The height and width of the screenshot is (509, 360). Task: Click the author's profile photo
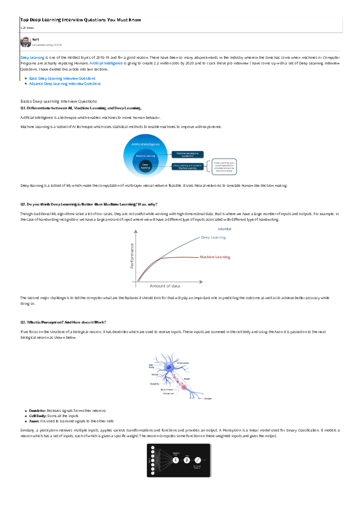coord(25,42)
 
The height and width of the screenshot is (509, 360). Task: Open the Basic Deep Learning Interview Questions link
coord(62,79)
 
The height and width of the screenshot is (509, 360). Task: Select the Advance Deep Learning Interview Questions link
coord(65,84)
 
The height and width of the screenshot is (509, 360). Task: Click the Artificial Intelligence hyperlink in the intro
coord(106,63)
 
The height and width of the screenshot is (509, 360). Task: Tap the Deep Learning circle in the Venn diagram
coord(145,166)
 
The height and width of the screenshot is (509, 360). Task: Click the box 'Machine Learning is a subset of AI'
coord(187,154)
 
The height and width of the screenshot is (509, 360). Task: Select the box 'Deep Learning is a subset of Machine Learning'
coord(187,167)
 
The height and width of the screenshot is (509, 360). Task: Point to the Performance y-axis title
coord(132,256)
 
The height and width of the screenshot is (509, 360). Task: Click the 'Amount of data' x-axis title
coord(165,286)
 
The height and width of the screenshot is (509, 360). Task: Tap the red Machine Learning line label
coord(215,257)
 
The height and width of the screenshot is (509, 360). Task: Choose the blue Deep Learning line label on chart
coord(213,237)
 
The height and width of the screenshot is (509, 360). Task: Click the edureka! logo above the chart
coord(224,229)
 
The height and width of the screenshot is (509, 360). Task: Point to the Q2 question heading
coord(89,204)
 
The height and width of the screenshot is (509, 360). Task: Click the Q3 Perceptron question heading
coord(63,323)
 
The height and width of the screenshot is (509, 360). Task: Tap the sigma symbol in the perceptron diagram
coord(176,460)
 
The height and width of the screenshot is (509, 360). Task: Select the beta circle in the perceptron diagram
coord(187,460)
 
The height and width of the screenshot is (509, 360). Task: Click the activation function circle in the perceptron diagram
coord(197,460)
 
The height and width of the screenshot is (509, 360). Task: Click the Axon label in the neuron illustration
coord(187,379)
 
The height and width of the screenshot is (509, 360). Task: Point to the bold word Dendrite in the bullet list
coord(37,411)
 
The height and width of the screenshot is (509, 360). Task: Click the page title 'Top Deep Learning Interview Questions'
coord(80,20)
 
